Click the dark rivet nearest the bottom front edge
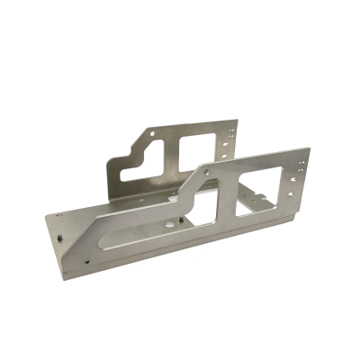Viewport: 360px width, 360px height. pos(87,263)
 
